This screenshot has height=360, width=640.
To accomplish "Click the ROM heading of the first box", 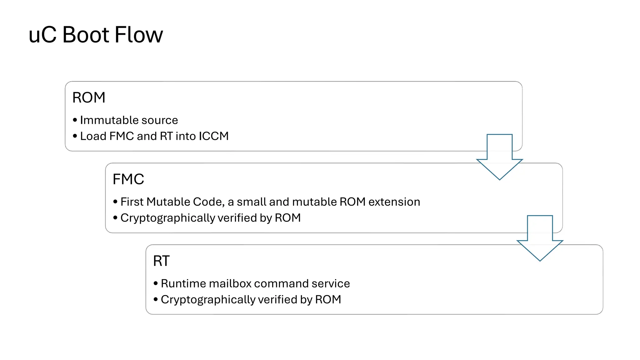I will pyautogui.click(x=89, y=97).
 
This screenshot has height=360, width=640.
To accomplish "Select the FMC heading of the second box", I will pyautogui.click(x=128, y=179).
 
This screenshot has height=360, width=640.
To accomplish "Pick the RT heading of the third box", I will pyautogui.click(x=161, y=261).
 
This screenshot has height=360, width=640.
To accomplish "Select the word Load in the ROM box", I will pyautogui.click(x=93, y=136).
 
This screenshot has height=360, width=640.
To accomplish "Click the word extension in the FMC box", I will pyautogui.click(x=394, y=202).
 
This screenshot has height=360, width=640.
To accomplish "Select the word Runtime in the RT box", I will pyautogui.click(x=183, y=283).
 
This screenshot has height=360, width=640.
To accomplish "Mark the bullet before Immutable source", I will pyautogui.click(x=75, y=120).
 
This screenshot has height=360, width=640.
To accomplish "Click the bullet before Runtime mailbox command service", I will pyautogui.click(x=156, y=283).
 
